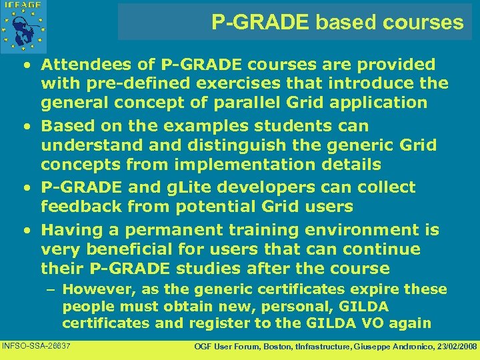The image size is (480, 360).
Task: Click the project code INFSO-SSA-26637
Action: coord(37,346)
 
